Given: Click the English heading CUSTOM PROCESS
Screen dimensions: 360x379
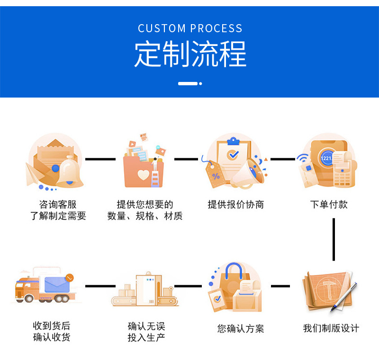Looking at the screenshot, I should tap(190, 28).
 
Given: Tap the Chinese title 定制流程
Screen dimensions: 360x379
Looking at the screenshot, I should tap(190, 54).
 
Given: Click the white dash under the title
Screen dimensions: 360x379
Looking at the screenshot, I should tap(188, 83).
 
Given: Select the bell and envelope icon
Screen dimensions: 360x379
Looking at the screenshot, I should tap(54, 161).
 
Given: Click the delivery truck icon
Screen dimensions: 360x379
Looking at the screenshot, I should tap(45, 287).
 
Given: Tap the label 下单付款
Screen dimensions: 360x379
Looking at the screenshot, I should tap(329, 205).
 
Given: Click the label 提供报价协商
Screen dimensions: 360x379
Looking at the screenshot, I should tap(235, 205).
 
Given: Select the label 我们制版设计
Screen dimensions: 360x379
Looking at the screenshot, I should tap(331, 328).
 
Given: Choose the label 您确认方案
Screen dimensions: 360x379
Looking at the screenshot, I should tap(241, 328).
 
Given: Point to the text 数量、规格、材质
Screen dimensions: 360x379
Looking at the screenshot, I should tap(145, 216).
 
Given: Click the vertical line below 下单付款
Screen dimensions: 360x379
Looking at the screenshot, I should tap(334, 239).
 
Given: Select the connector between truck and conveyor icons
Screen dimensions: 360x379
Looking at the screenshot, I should tap(100, 286).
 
